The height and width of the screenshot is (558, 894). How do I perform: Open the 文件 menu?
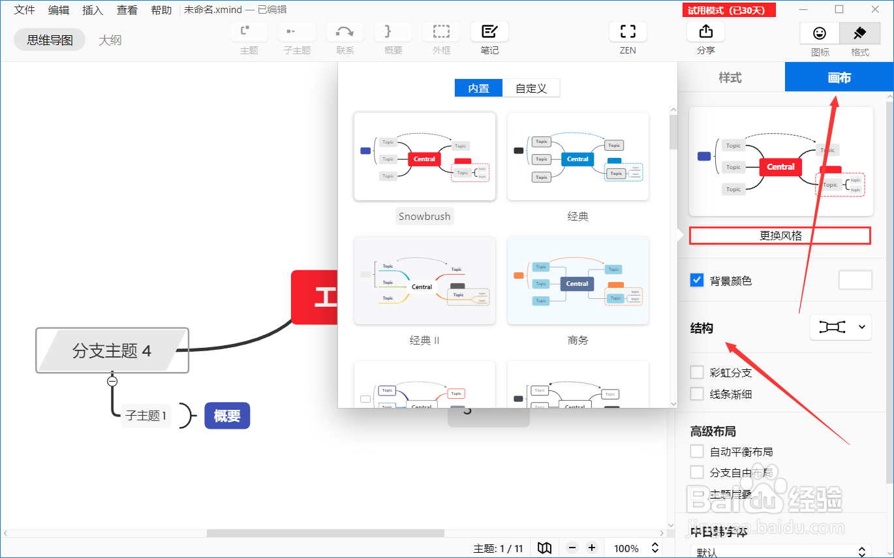25,10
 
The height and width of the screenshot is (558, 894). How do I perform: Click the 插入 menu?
93,10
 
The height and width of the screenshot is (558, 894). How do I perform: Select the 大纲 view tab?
110,40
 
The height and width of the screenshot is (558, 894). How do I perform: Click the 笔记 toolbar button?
489,38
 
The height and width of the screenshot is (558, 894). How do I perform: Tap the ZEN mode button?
628,38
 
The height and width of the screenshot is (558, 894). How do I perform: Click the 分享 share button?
705,38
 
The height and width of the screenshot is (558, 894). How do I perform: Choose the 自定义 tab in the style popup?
531,88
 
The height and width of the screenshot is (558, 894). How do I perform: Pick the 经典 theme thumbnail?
578,157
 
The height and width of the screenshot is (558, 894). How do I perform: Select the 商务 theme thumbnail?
578,281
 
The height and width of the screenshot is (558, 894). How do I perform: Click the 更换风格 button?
780,236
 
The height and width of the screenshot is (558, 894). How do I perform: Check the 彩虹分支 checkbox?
698,373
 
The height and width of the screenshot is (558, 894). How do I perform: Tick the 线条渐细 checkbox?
698,394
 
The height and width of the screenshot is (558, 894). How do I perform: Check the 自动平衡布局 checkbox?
698,452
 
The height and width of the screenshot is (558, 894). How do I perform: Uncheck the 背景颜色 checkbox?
697,281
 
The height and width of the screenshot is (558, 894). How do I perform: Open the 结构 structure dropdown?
840,328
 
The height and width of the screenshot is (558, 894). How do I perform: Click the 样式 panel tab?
730,78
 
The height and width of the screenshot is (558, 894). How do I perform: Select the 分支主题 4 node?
112,350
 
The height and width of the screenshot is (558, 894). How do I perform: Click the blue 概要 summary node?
227,416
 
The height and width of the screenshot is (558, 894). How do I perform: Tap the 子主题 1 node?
146,415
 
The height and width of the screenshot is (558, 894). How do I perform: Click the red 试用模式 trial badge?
728,10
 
